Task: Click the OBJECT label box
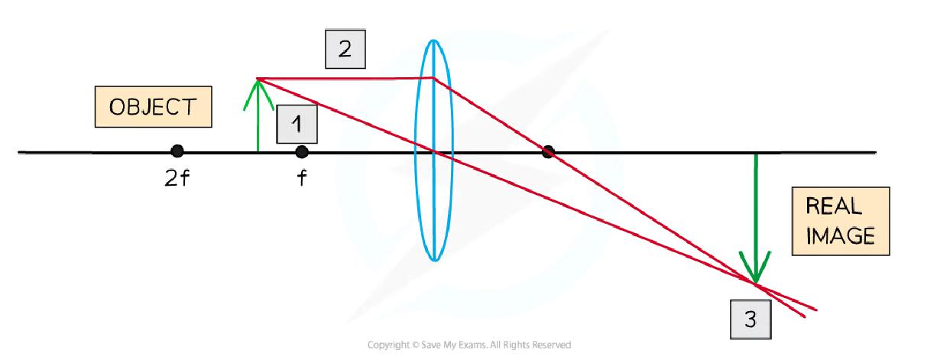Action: [153, 106]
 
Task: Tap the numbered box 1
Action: [297, 124]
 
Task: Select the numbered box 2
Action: [345, 49]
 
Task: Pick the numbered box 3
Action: [751, 319]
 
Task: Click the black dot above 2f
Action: [177, 151]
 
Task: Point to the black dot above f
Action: [302, 152]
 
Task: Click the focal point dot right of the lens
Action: [548, 151]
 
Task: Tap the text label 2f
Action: [177, 179]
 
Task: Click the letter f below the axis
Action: [302, 177]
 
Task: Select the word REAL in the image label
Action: [834, 206]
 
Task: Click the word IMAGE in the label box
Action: [840, 235]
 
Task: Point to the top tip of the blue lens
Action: [434, 41]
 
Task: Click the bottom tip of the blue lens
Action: [435, 261]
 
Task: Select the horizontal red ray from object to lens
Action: [345, 78]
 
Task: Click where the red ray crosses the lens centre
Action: [434, 151]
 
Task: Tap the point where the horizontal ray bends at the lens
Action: [434, 78]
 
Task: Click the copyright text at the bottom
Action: [469, 345]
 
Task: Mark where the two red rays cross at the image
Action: [755, 284]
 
